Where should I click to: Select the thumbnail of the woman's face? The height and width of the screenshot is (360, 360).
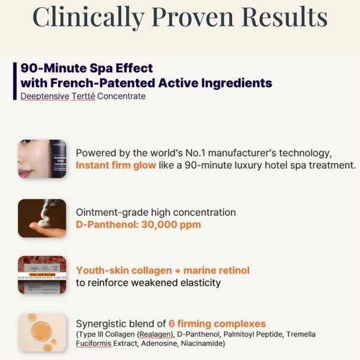[42, 158]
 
